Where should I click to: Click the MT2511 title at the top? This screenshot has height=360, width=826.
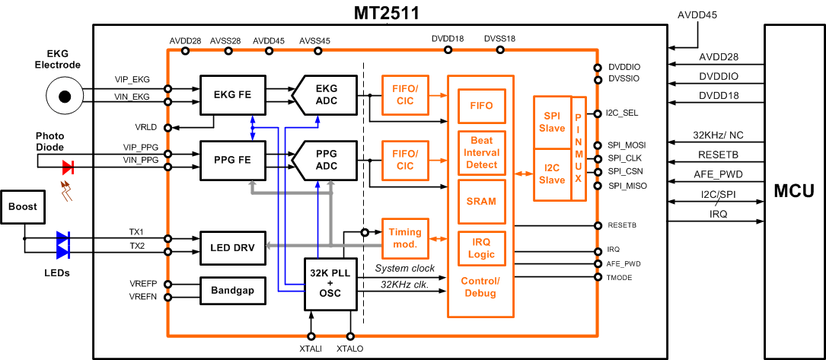[386, 13]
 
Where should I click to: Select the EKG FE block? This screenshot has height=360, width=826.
[226, 95]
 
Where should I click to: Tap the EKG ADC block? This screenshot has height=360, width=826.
[326, 95]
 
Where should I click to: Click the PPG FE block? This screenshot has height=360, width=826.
[226, 160]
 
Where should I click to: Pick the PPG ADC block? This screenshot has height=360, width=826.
[326, 160]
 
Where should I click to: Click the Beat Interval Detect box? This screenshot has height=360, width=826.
[481, 152]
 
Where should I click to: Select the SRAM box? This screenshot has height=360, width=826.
[481, 201]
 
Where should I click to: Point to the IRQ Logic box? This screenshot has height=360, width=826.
[481, 249]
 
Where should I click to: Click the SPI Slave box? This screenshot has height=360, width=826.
[551, 121]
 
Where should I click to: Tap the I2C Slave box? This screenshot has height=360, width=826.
[551, 174]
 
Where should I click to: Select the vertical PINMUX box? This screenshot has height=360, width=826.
[578, 148]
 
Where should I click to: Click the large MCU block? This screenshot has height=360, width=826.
[794, 191]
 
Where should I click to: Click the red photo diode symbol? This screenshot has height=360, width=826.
[68, 166]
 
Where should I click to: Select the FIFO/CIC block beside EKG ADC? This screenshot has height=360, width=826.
[404, 95]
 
